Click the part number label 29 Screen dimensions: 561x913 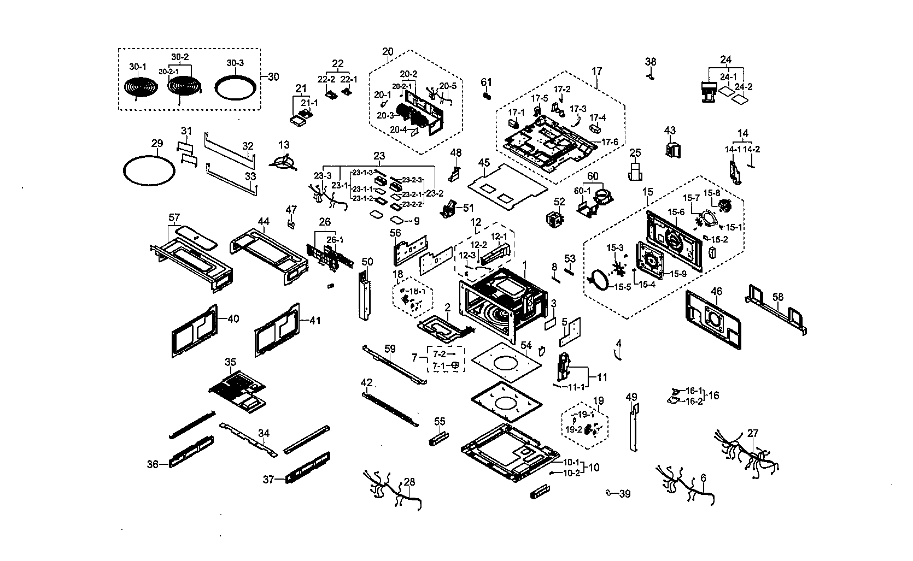[157, 144]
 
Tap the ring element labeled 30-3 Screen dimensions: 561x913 [235, 86]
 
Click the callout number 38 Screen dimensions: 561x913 [651, 62]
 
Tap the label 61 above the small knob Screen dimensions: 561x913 [487, 82]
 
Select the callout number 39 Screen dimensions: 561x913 [625, 494]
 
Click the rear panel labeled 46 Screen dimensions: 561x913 [713, 322]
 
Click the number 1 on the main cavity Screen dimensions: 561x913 [524, 264]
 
